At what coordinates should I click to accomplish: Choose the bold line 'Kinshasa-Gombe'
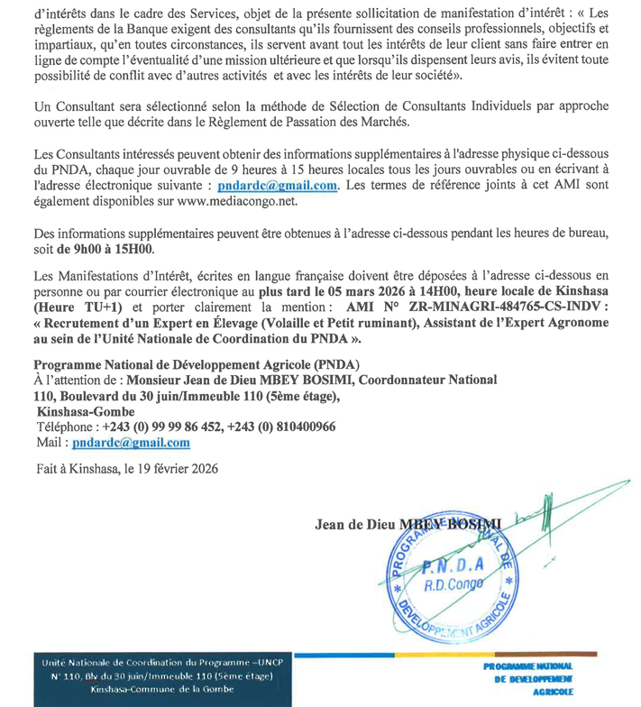(85, 410)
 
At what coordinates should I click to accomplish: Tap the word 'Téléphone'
(65, 427)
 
